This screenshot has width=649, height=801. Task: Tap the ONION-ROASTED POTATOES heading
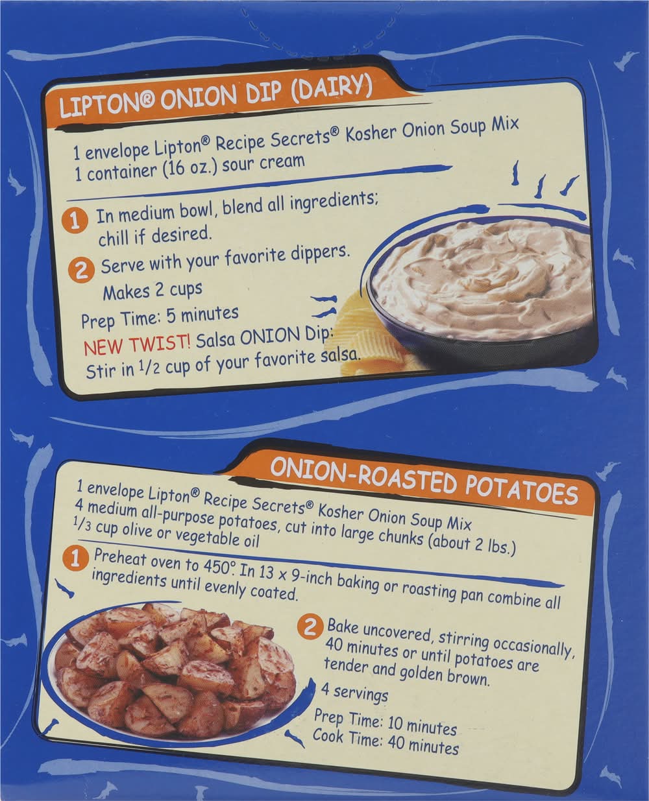click(424, 481)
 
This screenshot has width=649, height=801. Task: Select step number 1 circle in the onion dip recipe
click(77, 221)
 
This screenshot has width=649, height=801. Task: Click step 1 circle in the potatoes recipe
click(76, 560)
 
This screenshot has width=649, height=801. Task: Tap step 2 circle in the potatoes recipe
click(310, 628)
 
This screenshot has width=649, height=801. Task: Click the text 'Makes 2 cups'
click(153, 291)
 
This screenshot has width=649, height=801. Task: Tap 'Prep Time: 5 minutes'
click(160, 318)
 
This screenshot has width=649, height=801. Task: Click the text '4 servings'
click(354, 693)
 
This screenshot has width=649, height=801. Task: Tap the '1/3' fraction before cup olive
click(83, 524)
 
